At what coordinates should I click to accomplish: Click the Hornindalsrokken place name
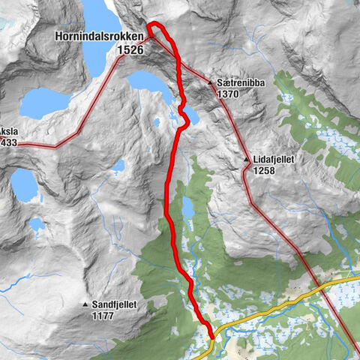99,35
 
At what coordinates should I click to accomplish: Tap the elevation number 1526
130,49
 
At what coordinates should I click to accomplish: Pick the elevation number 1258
265,172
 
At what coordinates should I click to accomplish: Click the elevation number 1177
103,316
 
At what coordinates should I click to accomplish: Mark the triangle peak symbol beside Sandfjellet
85,304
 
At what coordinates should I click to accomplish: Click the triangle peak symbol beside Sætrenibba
211,83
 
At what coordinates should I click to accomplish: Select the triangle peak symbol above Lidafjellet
246,160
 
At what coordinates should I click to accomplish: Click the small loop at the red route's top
155,28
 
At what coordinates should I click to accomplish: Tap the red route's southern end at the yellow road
212,336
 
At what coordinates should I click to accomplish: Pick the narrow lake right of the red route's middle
187,209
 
